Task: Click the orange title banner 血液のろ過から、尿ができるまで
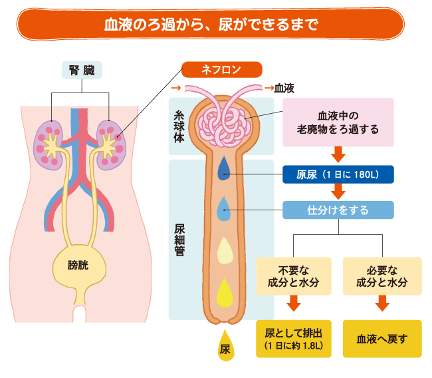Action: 211,25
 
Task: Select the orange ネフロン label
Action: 223,69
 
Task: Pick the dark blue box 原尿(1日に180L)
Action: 338,174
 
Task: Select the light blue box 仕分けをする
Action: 338,210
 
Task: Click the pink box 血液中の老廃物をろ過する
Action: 338,122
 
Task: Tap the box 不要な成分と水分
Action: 294,277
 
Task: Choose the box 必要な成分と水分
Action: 382,277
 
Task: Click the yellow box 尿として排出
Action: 294,338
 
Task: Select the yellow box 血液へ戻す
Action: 382,338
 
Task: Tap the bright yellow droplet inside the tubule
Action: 225,291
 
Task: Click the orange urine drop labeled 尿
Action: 225,347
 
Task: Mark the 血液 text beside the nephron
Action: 284,88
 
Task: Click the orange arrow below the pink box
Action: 338,154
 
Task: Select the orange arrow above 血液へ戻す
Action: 382,305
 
